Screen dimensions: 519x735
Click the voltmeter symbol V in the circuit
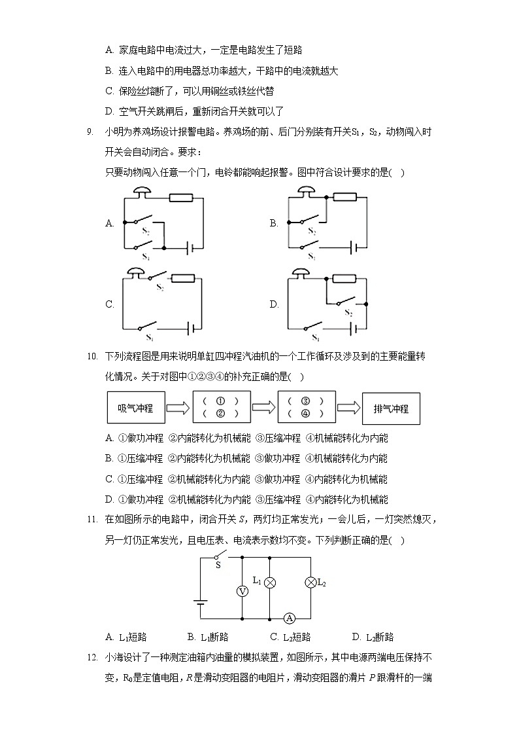tap(242, 591)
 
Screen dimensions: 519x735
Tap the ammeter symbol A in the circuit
tap(290, 618)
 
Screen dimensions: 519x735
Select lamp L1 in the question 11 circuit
tap(268, 582)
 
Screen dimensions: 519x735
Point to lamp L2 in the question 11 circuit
tap(310, 582)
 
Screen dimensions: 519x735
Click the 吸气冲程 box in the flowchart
tap(135, 408)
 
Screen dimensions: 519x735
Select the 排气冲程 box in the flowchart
tap(391, 408)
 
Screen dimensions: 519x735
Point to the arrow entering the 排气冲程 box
tap(348, 408)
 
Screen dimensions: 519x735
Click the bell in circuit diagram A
tap(141, 191)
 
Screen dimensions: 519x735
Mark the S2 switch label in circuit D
tap(348, 313)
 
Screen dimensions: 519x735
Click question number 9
tap(91, 132)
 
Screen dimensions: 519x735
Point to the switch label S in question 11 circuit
tap(218, 565)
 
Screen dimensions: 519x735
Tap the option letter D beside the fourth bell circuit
tap(274, 304)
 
